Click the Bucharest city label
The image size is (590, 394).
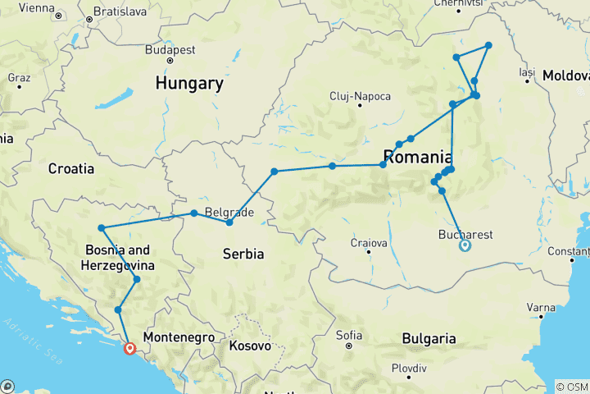pos(465,234)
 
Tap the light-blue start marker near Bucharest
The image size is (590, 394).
pos(465,245)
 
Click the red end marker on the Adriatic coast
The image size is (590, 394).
pos(129,348)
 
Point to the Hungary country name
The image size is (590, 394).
pos(189,84)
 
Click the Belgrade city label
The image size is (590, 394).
pos(225,211)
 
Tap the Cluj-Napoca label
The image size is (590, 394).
pos(357,95)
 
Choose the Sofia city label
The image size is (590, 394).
pos(349,335)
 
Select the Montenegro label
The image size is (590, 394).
pos(179,337)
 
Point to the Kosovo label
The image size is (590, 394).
pos(250,346)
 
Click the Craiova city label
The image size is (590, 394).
pos(368,243)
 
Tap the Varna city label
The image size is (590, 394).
pos(539,308)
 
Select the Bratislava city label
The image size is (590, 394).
pos(121,11)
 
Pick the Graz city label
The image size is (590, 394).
pos(18,77)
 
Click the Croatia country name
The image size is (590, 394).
pos(71,168)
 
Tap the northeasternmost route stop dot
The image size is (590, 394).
pos(488,45)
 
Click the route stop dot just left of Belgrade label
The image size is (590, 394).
pos(194,213)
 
